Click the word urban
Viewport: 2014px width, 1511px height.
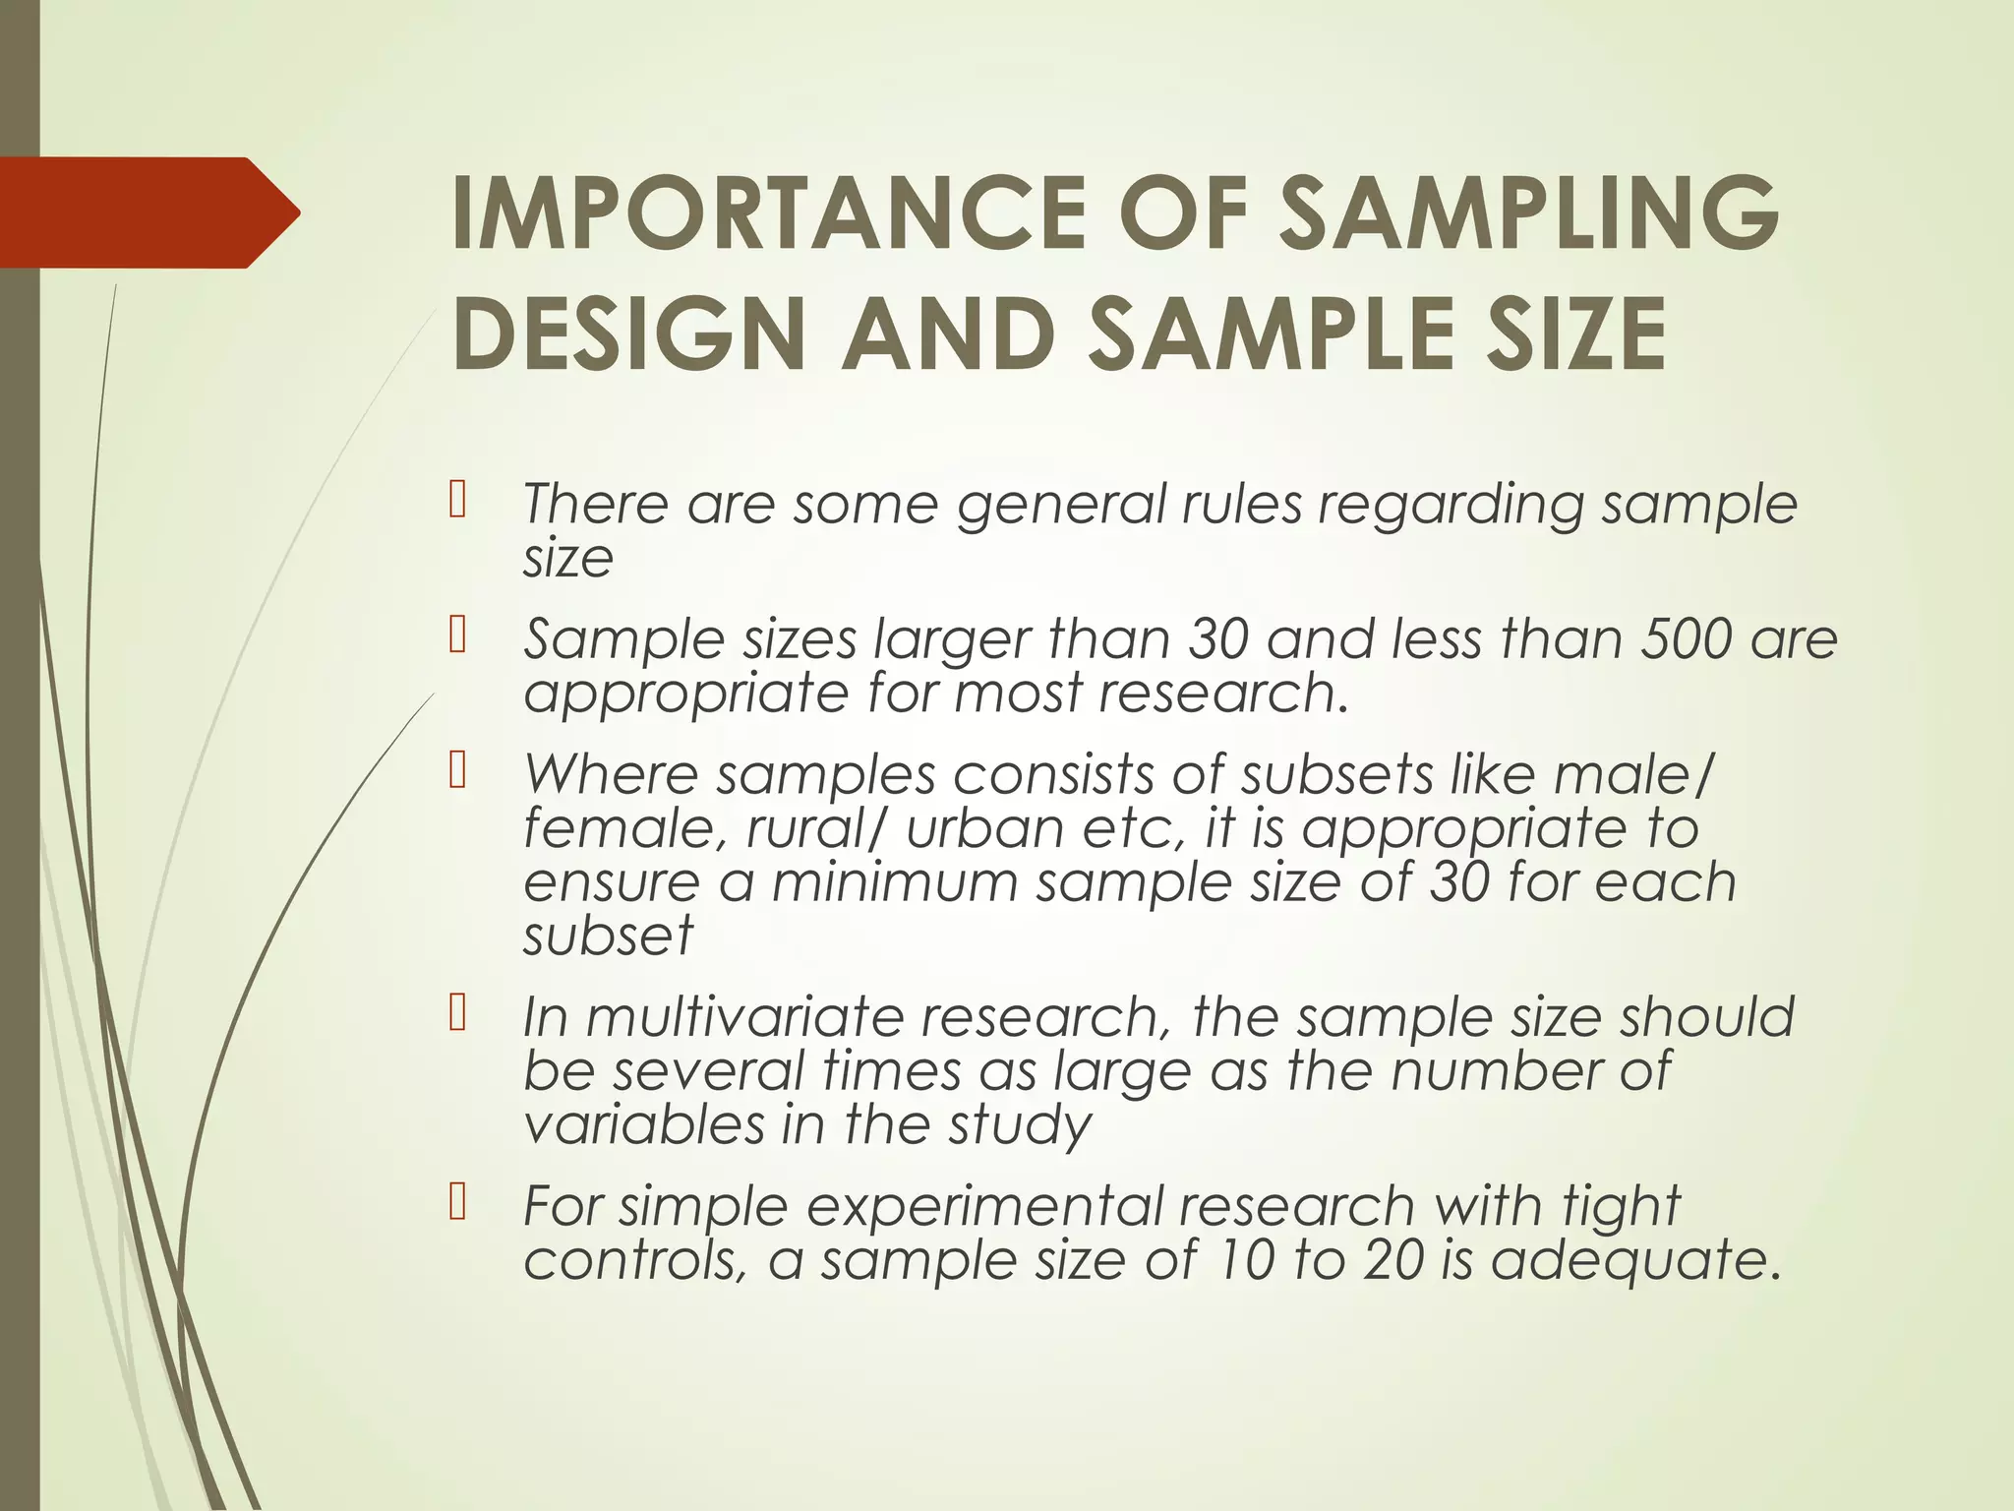984,827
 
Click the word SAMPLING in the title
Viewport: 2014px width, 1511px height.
1529,213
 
